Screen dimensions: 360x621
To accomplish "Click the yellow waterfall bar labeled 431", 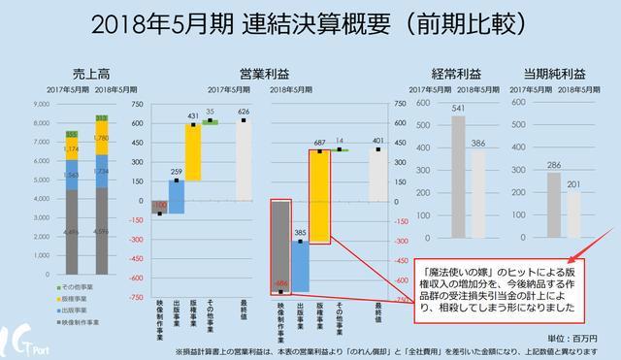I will [194, 151].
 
